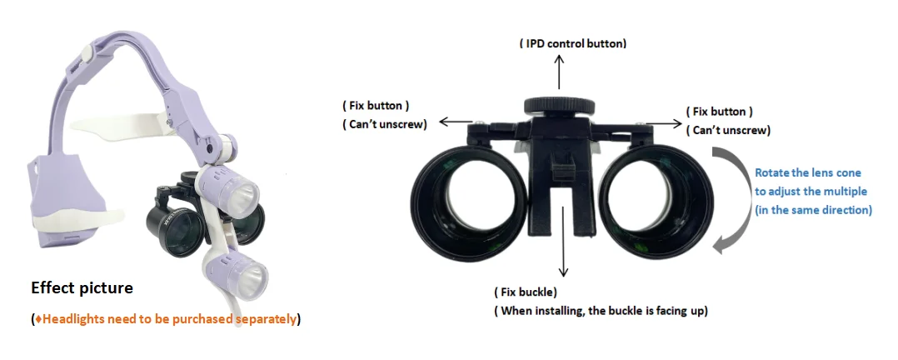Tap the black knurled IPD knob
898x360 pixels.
click(559, 106)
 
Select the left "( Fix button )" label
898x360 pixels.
click(377, 107)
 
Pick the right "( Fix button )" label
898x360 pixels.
click(719, 112)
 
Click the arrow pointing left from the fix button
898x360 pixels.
click(454, 122)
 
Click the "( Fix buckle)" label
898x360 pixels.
click(526, 292)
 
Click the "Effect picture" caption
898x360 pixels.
click(82, 288)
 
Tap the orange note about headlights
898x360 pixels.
click(165, 319)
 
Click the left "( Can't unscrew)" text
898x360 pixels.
click(385, 125)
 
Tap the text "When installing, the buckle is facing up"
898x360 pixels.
click(602, 311)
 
